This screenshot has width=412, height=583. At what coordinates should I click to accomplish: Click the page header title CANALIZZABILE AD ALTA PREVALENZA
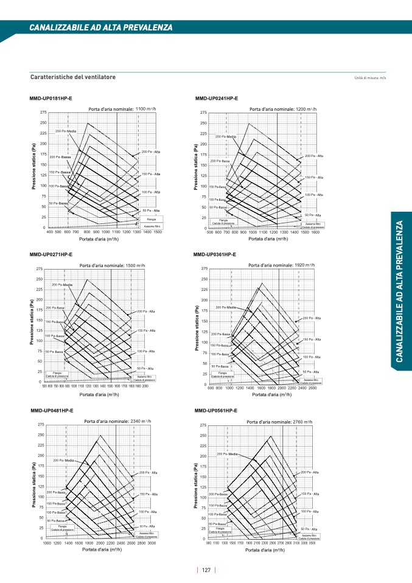click(x=101, y=27)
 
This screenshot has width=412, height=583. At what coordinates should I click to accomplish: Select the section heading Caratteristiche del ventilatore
click(x=73, y=77)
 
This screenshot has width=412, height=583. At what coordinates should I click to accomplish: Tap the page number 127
click(x=206, y=570)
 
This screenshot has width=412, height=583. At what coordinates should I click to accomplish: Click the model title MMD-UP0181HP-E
click(x=51, y=98)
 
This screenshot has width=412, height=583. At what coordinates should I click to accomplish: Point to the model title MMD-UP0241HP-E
click(x=216, y=98)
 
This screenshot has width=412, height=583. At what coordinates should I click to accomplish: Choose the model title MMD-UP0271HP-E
click(x=51, y=254)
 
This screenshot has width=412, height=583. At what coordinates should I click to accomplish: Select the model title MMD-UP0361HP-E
click(x=215, y=254)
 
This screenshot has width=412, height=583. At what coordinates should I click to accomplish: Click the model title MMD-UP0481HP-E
click(x=52, y=411)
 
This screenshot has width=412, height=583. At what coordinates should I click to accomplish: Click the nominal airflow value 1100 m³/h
click(x=149, y=109)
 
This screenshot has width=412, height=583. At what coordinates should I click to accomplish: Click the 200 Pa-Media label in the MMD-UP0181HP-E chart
click(x=66, y=131)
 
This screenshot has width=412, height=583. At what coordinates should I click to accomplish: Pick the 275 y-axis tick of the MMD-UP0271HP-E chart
click(x=40, y=269)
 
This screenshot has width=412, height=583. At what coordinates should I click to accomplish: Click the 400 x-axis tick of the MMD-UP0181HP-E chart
click(x=49, y=232)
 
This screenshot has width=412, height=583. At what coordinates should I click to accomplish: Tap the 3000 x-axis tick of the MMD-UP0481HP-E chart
click(x=152, y=543)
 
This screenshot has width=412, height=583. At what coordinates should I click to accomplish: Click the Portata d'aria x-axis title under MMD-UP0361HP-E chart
click(x=277, y=394)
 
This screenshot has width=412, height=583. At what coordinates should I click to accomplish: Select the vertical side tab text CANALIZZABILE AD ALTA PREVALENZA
click(x=400, y=292)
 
